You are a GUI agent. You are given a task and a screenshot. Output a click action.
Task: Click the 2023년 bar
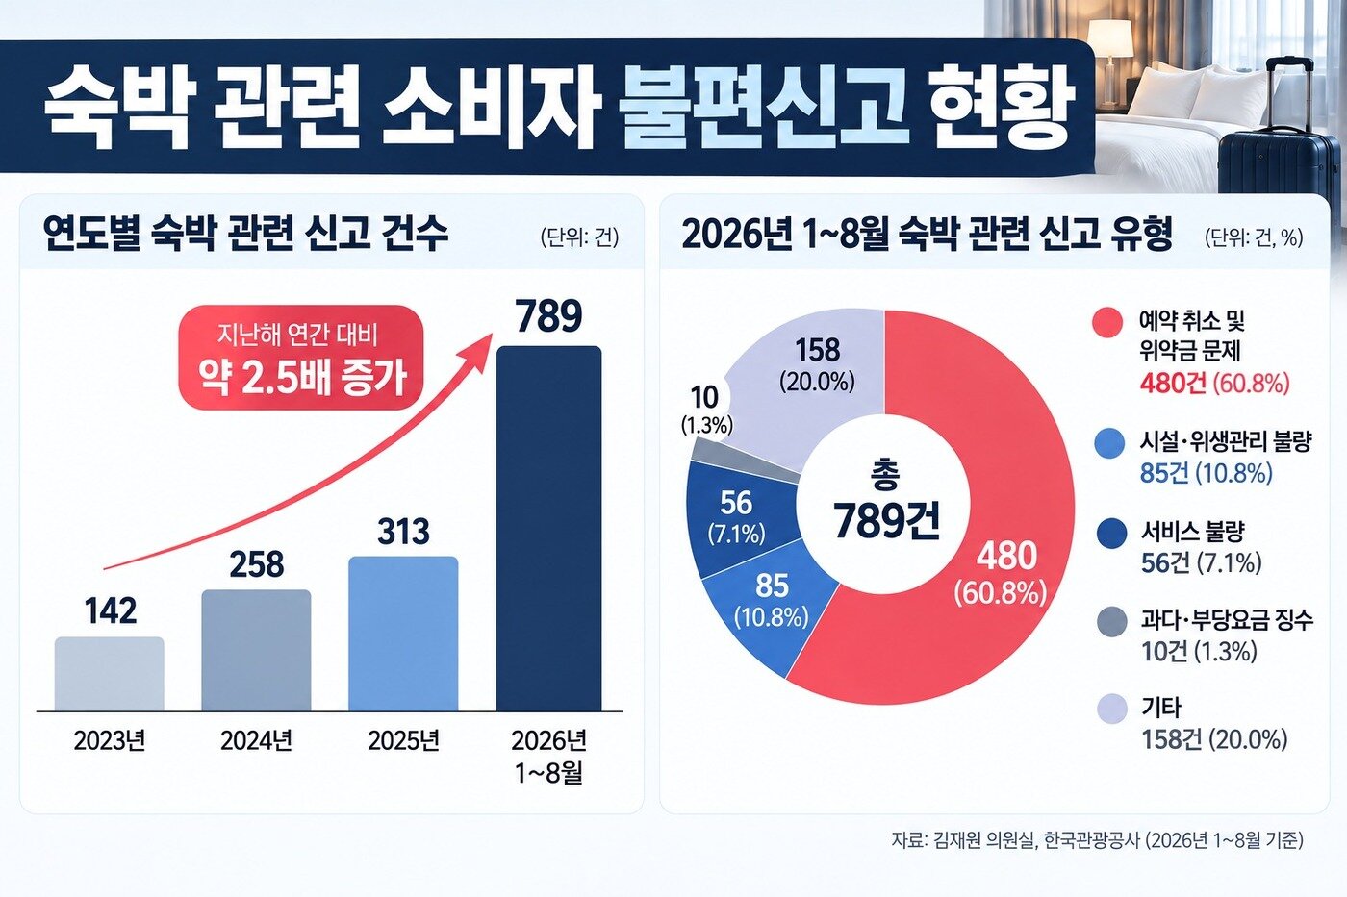click(109, 674)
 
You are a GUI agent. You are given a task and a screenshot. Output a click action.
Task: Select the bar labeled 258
click(256, 650)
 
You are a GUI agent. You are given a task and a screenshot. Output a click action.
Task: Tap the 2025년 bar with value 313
click(403, 634)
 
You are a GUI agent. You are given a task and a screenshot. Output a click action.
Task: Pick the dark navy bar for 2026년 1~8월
click(548, 529)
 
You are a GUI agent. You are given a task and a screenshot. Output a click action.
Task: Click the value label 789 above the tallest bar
click(549, 316)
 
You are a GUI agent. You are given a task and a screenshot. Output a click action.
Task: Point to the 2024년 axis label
click(256, 741)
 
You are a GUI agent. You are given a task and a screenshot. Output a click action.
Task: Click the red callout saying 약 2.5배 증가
click(301, 358)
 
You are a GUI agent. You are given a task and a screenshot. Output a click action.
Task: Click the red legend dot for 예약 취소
click(1107, 323)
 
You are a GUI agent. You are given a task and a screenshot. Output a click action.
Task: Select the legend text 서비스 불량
click(1192, 531)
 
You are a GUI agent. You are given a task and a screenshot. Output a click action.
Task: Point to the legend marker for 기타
click(1111, 710)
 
